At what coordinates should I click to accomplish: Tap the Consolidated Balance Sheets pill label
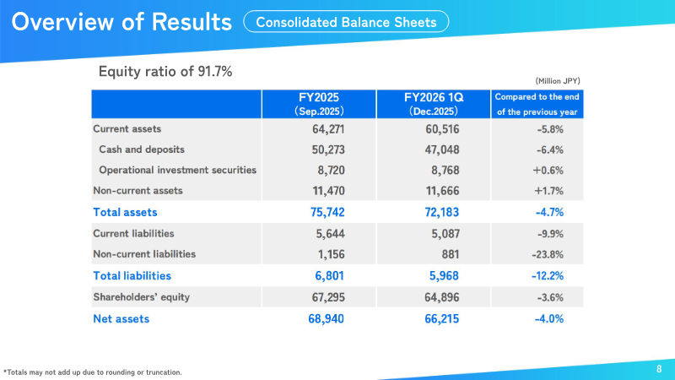pyautogui.click(x=346, y=23)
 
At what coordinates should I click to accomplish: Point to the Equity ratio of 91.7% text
pyautogui.click(x=165, y=71)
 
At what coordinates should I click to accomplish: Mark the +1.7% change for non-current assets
pyautogui.click(x=548, y=191)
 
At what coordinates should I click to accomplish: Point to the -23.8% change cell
pyautogui.click(x=547, y=253)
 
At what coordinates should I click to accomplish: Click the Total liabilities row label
pyautogui.click(x=132, y=275)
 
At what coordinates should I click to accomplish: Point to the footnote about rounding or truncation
pyautogui.click(x=93, y=372)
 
